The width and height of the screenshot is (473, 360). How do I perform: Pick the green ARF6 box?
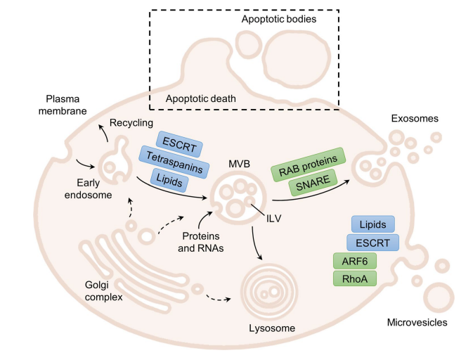(355, 261)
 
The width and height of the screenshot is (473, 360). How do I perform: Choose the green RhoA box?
(355, 278)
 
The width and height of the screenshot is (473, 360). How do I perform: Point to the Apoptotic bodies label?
(279, 20)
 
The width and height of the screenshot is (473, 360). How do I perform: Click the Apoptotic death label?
(201, 99)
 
